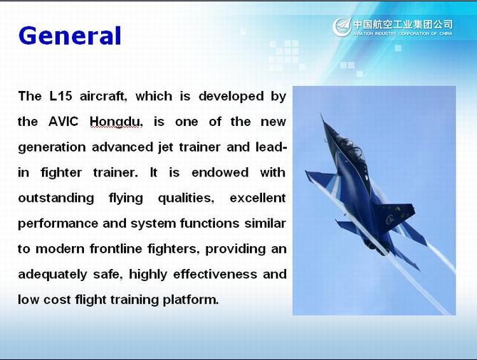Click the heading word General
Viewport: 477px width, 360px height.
point(70,36)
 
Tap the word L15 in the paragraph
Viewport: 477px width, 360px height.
point(61,96)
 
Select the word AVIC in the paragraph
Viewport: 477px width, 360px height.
point(63,122)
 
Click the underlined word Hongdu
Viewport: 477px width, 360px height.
point(115,122)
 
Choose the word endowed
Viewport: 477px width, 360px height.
point(220,172)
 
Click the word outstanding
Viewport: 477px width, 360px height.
point(56,198)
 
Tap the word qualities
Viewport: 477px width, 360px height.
point(187,198)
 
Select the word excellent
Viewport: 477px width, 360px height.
point(258,198)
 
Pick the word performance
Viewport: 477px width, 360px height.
point(58,224)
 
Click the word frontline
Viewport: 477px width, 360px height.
point(116,249)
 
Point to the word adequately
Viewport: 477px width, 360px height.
point(53,275)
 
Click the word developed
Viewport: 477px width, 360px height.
point(231,96)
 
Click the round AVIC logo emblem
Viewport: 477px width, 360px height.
point(342,27)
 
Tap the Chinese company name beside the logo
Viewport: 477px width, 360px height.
point(403,24)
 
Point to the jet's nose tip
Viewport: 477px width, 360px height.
point(321,115)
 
